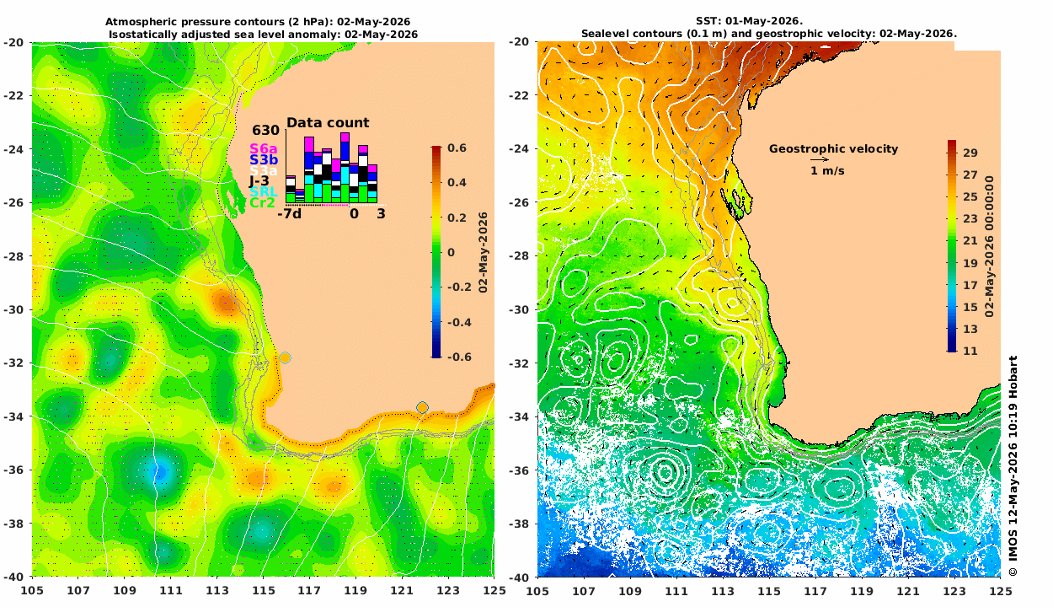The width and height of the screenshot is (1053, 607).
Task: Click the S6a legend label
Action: click(263, 148)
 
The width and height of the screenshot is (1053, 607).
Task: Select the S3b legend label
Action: click(263, 160)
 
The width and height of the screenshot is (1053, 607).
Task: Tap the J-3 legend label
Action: click(259, 181)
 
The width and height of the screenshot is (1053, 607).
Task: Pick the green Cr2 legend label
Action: click(262, 203)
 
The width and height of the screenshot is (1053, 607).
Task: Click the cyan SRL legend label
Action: click(263, 192)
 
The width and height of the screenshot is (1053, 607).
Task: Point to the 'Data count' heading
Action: click(328, 123)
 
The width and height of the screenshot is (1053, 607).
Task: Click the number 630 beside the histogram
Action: click(265, 131)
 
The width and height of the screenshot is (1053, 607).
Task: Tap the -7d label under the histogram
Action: click(289, 214)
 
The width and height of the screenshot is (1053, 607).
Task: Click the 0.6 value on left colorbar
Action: click(457, 148)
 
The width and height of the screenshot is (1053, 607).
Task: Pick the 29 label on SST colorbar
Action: click(970, 153)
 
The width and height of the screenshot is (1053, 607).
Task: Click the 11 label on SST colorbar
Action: click(970, 351)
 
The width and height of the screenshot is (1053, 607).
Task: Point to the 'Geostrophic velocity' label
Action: click(833, 148)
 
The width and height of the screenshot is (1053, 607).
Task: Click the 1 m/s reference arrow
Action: click(820, 160)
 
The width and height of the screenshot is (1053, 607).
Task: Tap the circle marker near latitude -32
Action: click(285, 357)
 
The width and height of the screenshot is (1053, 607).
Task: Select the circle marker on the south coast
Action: click(422, 407)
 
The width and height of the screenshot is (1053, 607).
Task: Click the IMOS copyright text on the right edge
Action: click(1013, 465)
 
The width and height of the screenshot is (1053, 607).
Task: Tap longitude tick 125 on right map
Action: click(1001, 590)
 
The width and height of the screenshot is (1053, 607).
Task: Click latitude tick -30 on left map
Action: click(13, 309)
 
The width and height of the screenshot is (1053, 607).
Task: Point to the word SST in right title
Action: click(705, 21)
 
